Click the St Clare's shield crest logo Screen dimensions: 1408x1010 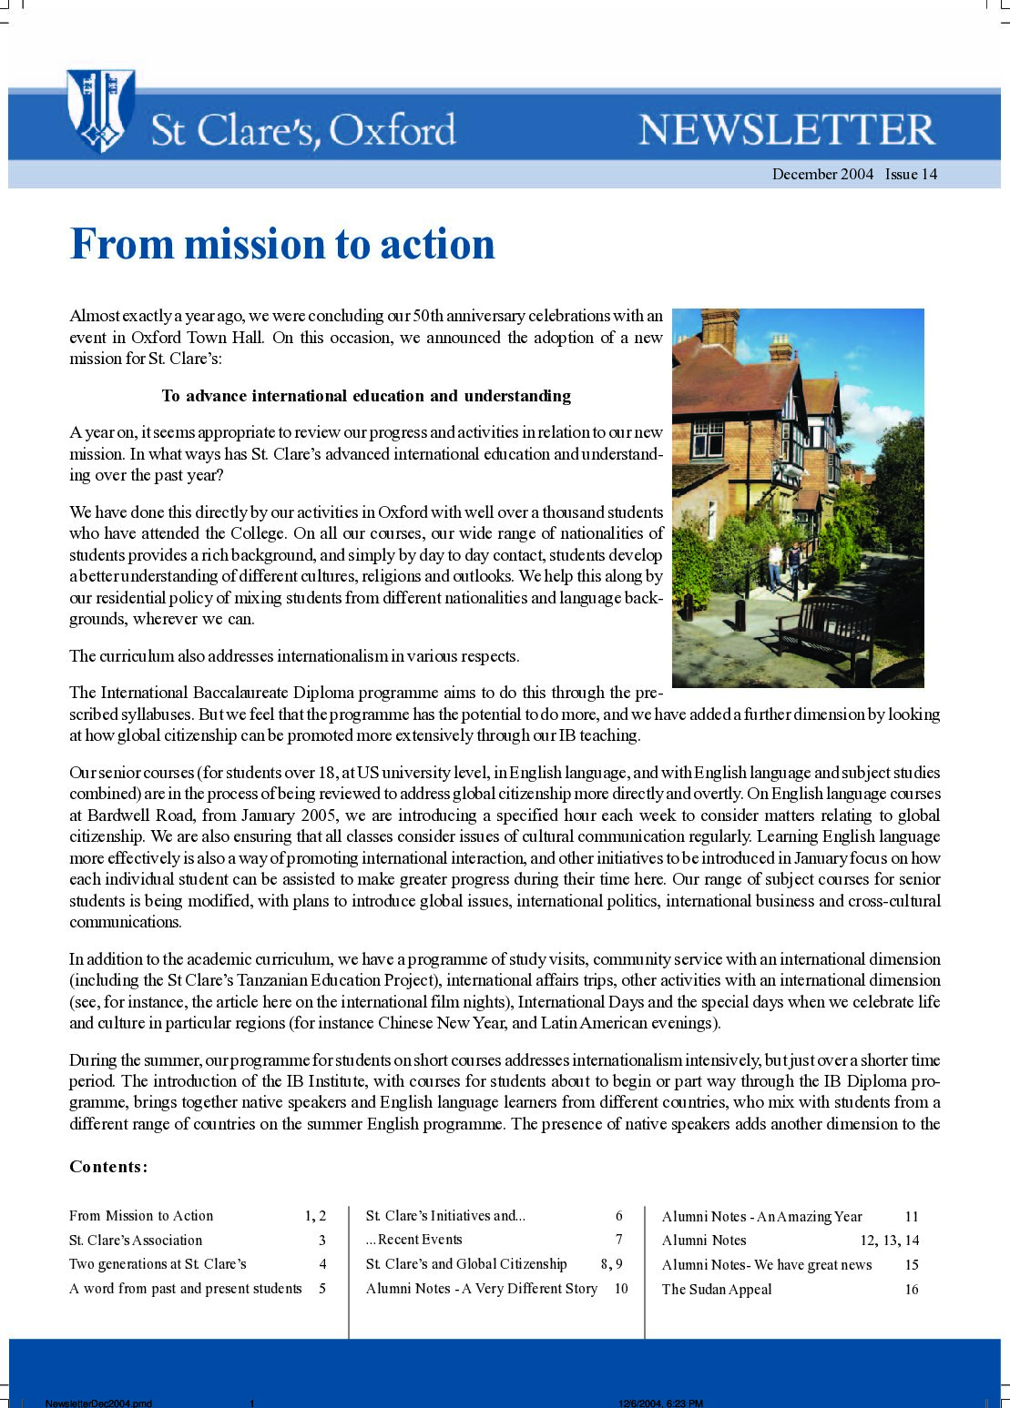click(100, 110)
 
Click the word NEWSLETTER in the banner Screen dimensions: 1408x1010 click(787, 130)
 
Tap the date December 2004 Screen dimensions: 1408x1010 click(822, 174)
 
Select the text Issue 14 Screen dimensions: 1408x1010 click(911, 174)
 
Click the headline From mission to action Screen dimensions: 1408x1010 click(282, 244)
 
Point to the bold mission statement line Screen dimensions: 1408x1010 click(366, 396)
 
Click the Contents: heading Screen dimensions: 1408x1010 click(108, 1167)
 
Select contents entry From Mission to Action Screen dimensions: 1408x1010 click(141, 1216)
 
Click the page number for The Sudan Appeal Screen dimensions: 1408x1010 click(911, 1290)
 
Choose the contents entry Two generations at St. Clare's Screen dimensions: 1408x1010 click(158, 1264)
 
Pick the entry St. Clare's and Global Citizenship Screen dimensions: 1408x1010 click(466, 1264)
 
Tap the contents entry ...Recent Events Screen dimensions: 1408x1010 click(414, 1240)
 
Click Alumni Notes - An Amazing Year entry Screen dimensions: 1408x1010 click(762, 1217)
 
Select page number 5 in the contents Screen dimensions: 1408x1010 click(322, 1289)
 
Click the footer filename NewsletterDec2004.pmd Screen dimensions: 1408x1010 click(98, 1403)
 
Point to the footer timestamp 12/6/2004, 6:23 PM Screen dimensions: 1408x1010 click(660, 1403)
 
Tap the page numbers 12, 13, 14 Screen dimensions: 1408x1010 click(889, 1241)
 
